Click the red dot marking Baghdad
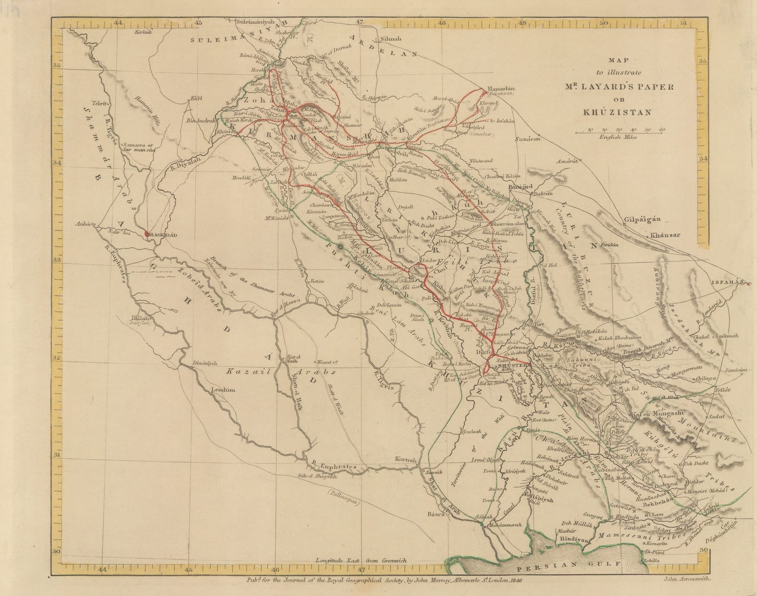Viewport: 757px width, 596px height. pos(147,234)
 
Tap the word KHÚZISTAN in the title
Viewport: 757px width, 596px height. pos(620,112)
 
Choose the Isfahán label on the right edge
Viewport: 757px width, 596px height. pos(727,283)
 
